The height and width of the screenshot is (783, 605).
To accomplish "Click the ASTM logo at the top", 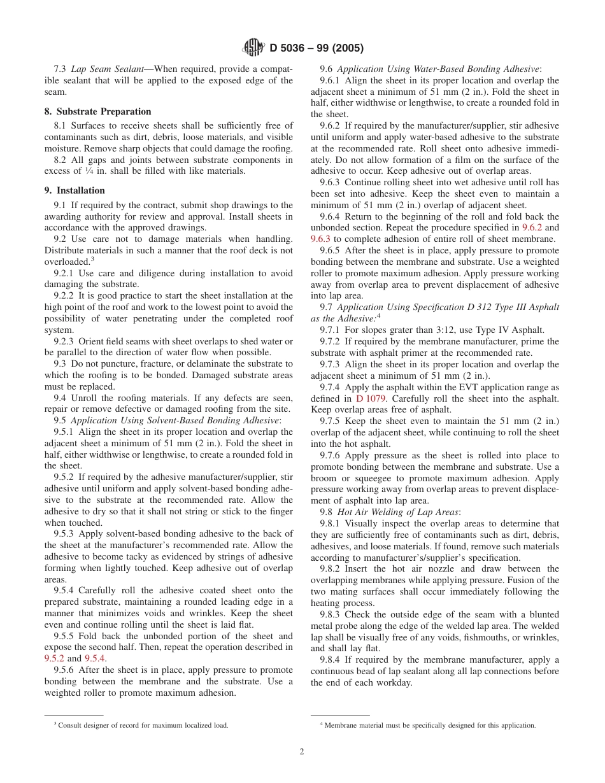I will (x=253, y=48).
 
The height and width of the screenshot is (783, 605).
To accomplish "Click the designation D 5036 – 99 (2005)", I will (x=317, y=48).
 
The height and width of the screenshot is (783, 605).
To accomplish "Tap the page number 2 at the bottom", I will (x=302, y=751).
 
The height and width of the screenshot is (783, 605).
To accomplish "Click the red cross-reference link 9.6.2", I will (x=532, y=227).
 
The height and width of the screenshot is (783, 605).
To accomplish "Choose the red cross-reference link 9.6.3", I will (x=320, y=239).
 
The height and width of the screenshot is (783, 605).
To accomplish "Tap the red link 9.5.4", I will (x=95, y=658).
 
